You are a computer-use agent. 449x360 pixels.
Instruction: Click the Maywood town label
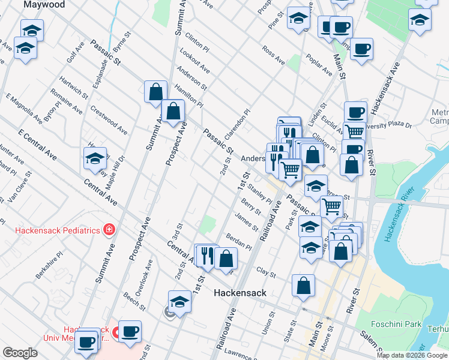pos(44,5)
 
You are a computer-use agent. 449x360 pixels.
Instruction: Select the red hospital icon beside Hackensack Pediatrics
pos(109,229)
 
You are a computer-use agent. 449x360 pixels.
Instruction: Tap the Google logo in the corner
pos(20,353)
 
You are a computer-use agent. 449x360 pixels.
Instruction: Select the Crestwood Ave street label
pos(109,120)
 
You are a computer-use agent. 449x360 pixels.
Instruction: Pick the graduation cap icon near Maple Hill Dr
pos(95,159)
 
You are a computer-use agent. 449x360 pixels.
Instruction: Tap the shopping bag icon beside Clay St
pos(304,285)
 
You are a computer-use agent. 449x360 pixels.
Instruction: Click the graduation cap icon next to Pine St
pos(298,19)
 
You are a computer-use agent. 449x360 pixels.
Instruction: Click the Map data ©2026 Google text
pos(412,355)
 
